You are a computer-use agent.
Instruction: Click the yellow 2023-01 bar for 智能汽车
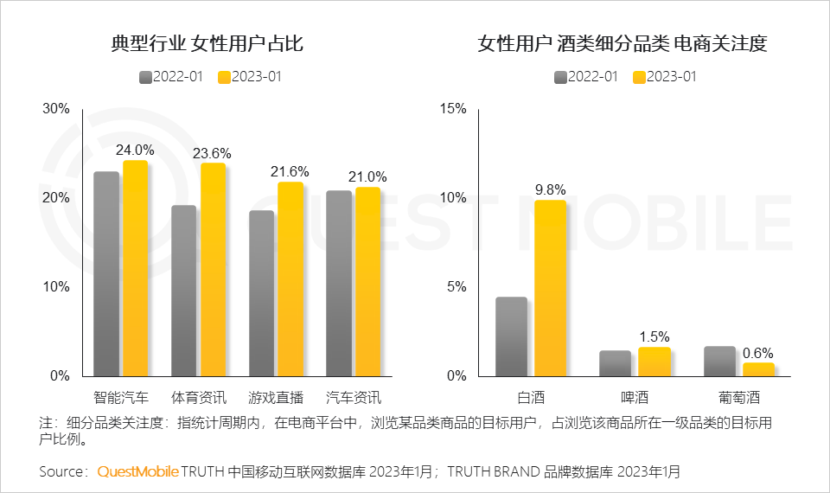(x=135, y=268)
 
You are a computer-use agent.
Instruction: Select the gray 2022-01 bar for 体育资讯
(x=183, y=291)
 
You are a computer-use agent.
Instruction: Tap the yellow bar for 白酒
(x=550, y=288)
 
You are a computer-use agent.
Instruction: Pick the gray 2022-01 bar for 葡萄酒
(x=719, y=362)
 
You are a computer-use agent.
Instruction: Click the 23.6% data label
(x=212, y=154)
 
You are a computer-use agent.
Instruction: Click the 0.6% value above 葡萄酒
(x=758, y=353)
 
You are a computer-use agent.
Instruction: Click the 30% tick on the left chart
(x=57, y=109)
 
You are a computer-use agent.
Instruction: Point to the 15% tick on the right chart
(x=453, y=109)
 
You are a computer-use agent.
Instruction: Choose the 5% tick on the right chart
(x=456, y=287)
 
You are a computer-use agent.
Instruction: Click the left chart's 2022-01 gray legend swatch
(x=145, y=77)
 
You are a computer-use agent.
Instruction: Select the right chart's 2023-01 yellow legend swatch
(x=639, y=77)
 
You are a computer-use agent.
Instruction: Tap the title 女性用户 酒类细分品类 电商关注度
(x=622, y=43)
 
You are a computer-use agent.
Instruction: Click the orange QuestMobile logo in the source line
(x=138, y=472)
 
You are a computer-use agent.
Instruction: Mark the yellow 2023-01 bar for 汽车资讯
(x=367, y=282)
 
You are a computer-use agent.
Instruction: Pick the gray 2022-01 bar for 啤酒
(x=615, y=363)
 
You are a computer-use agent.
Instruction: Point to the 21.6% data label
(x=290, y=172)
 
